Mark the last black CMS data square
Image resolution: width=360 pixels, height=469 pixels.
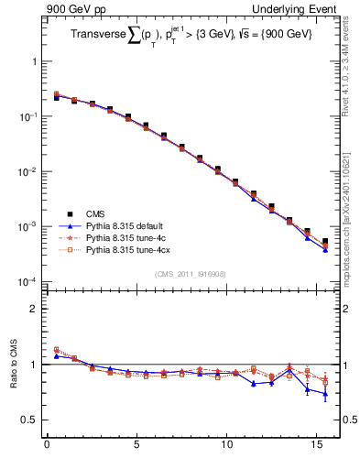(x=325, y=242)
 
